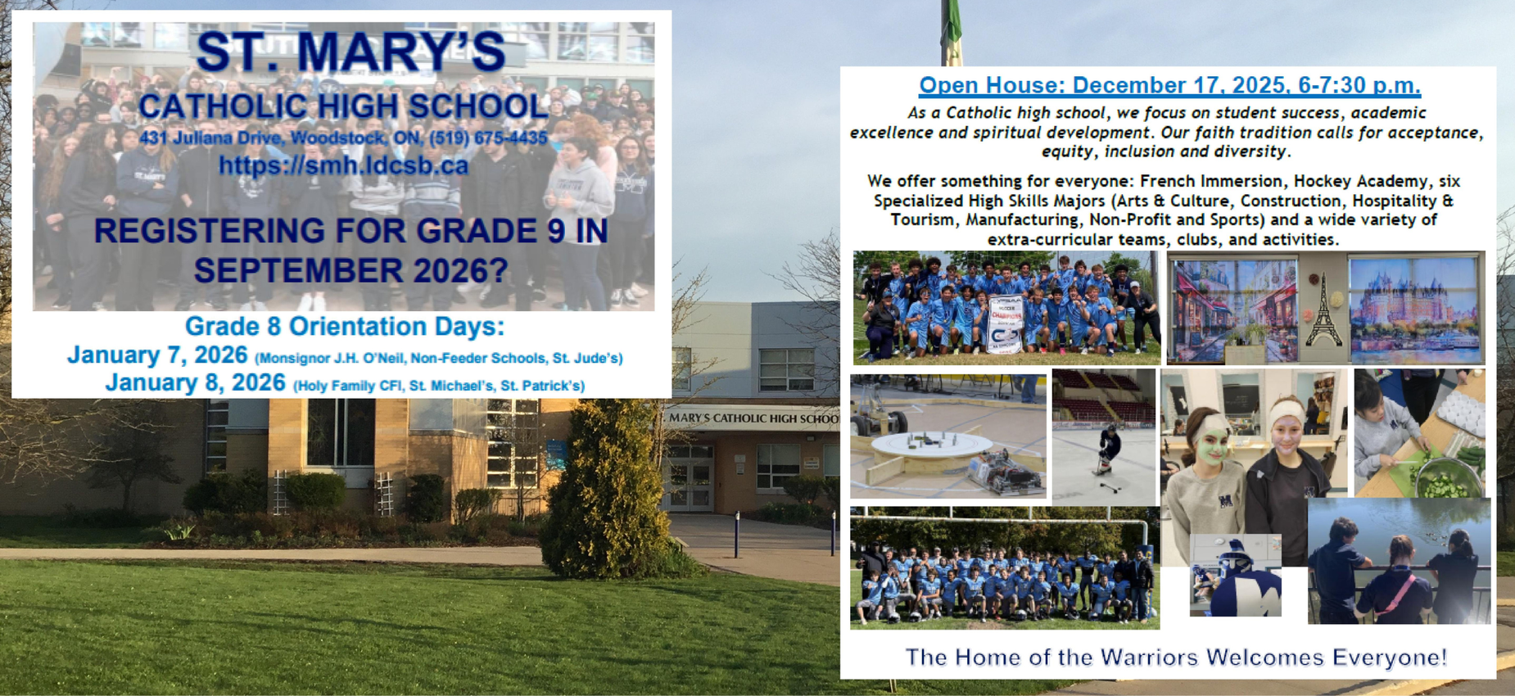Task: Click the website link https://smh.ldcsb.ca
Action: pyautogui.click(x=343, y=166)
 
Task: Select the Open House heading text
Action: pyautogui.click(x=1169, y=85)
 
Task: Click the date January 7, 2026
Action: pyautogui.click(x=157, y=355)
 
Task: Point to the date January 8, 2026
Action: pyautogui.click(x=195, y=383)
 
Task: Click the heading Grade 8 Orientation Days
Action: pyautogui.click(x=344, y=327)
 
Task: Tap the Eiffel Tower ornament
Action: pyautogui.click(x=1323, y=310)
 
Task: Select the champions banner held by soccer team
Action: pyautogui.click(x=1006, y=320)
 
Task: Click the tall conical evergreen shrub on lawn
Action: pyautogui.click(x=606, y=491)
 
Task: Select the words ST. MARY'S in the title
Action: pyautogui.click(x=350, y=52)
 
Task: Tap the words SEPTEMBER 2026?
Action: pyautogui.click(x=350, y=271)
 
